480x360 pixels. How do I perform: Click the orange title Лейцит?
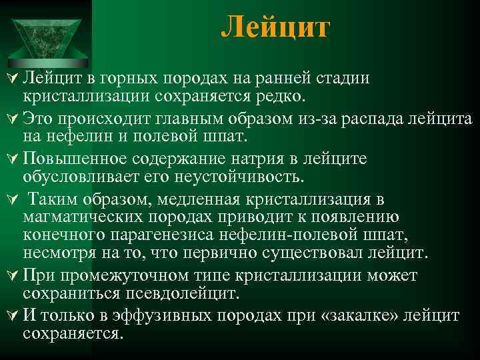pyautogui.click(x=275, y=28)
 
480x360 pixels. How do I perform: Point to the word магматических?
pyautogui.click(x=89, y=217)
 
